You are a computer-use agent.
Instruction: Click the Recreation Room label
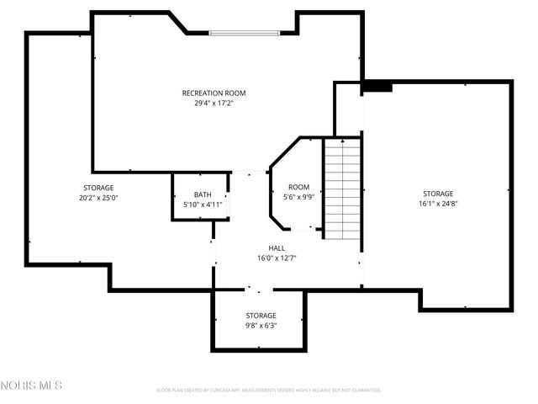(x=214, y=93)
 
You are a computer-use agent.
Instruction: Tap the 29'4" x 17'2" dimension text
(x=214, y=104)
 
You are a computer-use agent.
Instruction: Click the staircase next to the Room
(x=343, y=189)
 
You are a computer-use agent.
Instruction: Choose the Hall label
(x=277, y=248)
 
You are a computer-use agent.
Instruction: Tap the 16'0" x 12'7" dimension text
(x=277, y=258)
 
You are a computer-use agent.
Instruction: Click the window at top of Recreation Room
(x=245, y=34)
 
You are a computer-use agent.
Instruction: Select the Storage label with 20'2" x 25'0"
(x=98, y=188)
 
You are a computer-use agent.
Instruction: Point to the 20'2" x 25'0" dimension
(x=98, y=198)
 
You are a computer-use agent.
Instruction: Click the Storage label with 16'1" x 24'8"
(x=438, y=194)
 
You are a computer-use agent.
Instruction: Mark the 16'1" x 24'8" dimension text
(x=438, y=204)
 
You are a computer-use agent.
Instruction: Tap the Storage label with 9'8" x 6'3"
(x=261, y=316)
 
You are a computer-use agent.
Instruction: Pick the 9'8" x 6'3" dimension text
(x=261, y=326)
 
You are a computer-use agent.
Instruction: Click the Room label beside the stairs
(x=298, y=187)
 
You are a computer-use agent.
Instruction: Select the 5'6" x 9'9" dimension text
(x=298, y=197)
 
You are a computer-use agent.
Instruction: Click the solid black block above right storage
(x=377, y=87)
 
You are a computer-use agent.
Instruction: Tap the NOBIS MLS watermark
(x=32, y=386)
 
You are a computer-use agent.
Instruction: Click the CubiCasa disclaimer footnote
(x=269, y=391)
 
